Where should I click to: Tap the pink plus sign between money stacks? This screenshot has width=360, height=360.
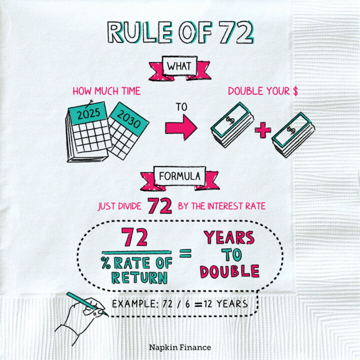point(262,131)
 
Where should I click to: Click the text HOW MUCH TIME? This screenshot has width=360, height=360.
point(106,91)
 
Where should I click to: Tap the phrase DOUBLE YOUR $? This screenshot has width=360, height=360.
point(259,91)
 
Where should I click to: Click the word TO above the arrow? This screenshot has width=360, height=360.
point(181,107)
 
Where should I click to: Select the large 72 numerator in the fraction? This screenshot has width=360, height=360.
point(135,238)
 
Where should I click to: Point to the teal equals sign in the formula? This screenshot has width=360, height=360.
point(185,253)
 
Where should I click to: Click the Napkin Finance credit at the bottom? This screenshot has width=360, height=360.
point(180,347)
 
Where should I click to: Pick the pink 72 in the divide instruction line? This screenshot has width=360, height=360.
point(159,205)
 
